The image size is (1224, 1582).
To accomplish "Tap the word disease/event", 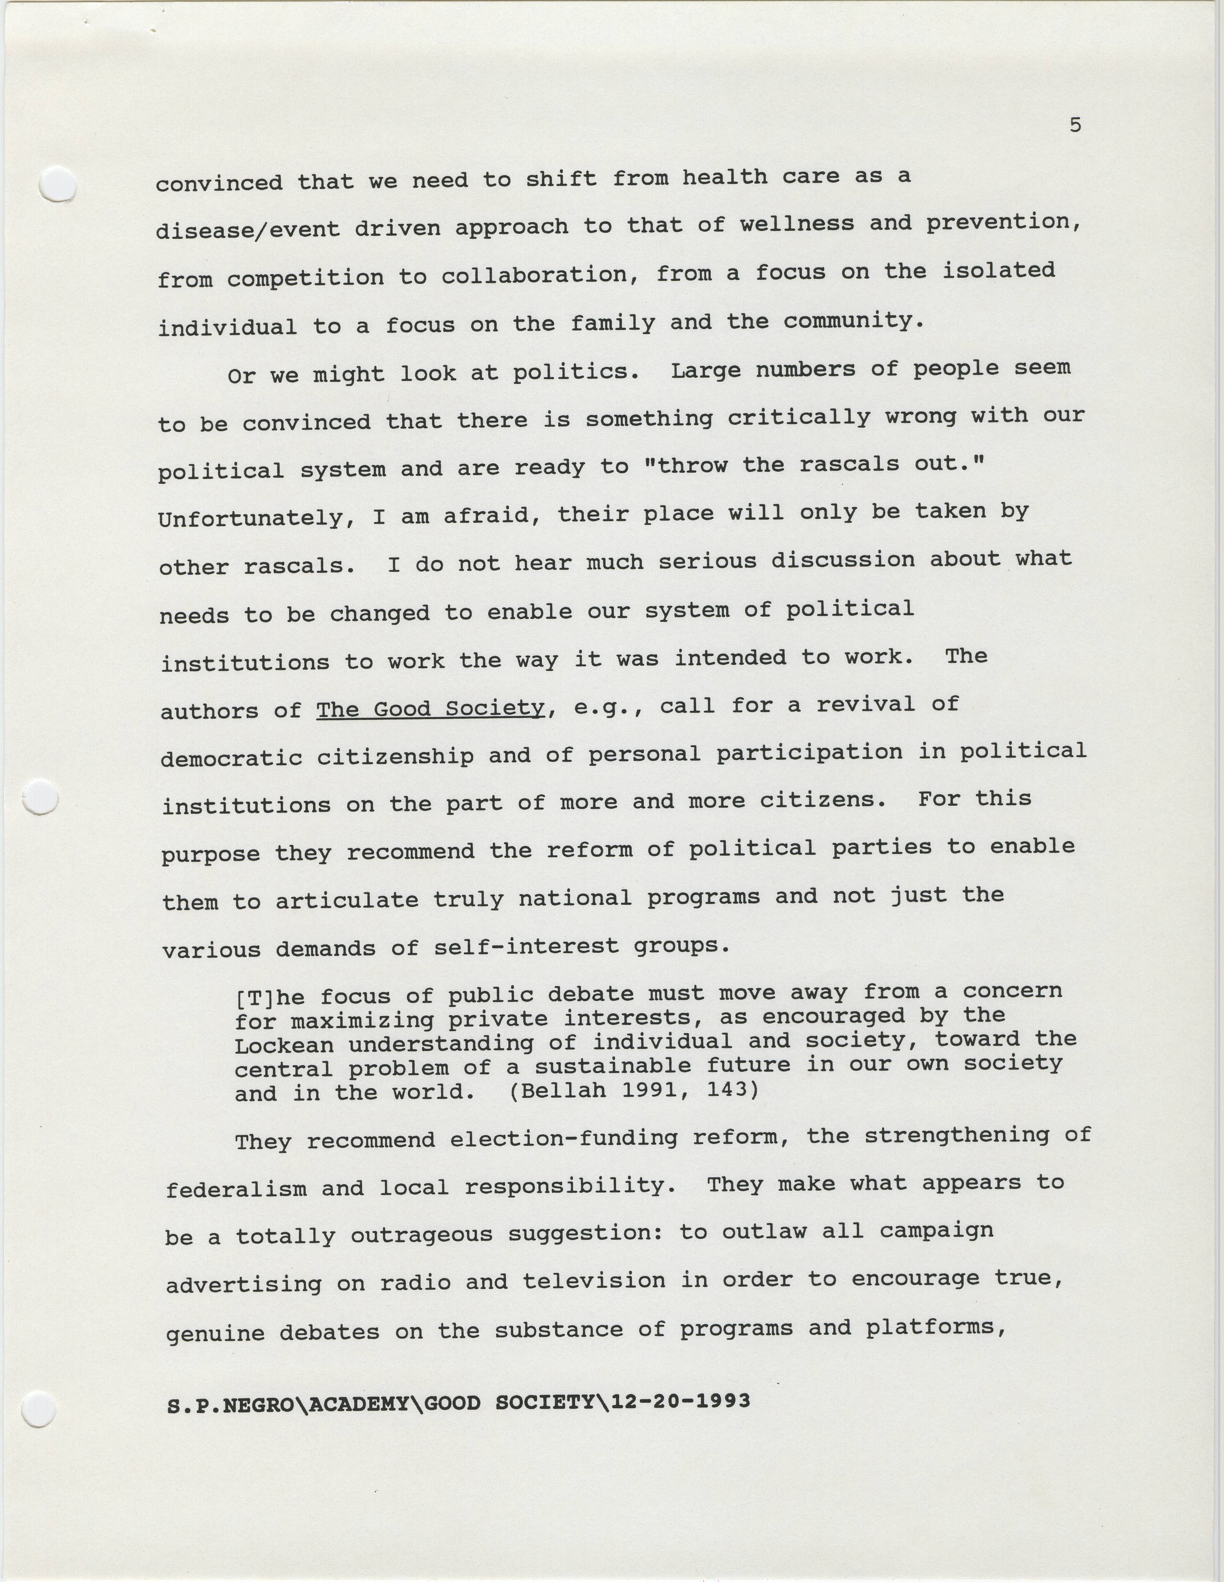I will [x=248, y=229].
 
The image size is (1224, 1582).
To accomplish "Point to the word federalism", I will [x=236, y=1189].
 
